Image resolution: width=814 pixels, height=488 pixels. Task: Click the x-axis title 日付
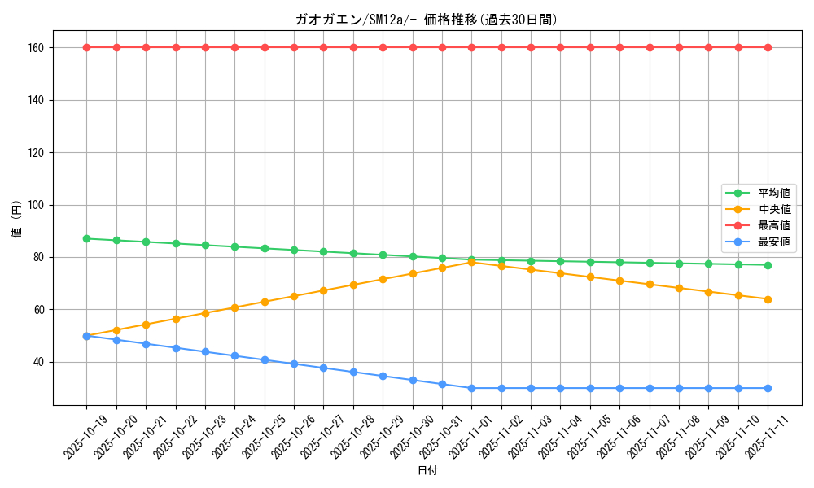(427, 471)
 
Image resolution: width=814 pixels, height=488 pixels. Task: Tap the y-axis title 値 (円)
(17, 218)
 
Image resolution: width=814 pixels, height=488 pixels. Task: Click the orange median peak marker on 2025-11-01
(471, 262)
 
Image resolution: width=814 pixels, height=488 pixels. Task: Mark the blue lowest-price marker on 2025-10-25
(265, 359)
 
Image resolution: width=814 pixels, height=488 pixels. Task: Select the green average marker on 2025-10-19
(86, 238)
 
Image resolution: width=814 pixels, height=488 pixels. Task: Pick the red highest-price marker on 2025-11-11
(768, 47)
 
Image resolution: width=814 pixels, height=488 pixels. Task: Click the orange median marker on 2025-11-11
(768, 299)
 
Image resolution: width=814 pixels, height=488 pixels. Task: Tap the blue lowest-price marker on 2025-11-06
(619, 388)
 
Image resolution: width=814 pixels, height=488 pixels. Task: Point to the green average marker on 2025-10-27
(323, 251)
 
